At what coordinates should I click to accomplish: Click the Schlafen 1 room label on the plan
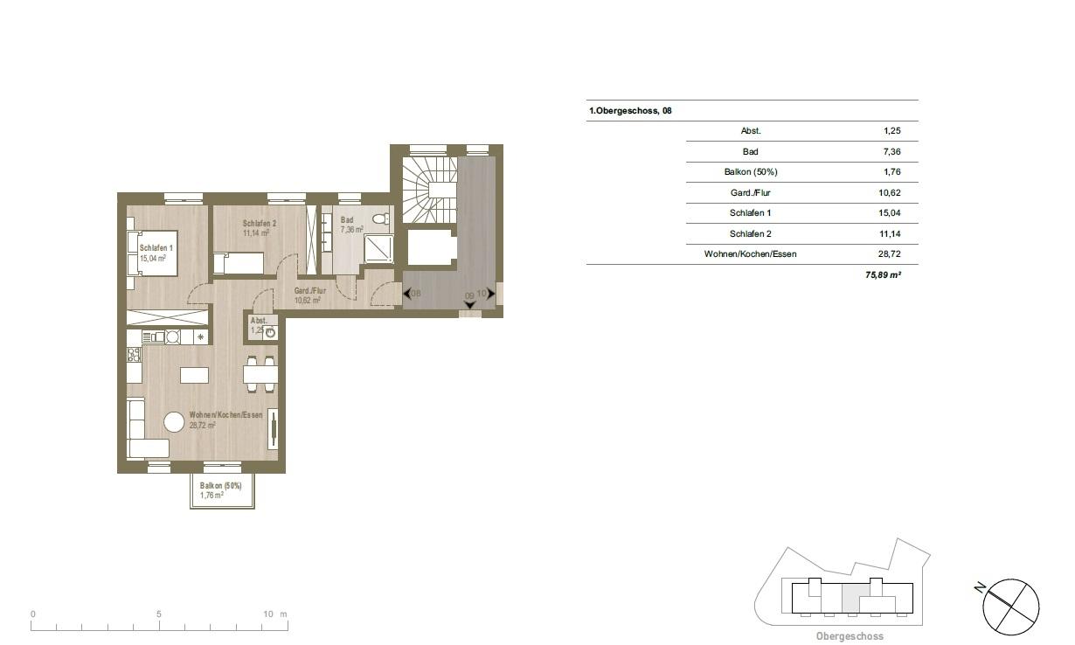pos(156,248)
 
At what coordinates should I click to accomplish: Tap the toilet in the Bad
pos(382,218)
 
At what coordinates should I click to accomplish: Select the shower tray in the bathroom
pos(378,248)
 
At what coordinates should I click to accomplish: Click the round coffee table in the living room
pos(174,422)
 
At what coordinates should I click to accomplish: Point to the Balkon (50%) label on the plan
pos(221,486)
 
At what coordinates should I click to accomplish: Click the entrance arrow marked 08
pos(407,293)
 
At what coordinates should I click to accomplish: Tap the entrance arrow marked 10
pos(490,294)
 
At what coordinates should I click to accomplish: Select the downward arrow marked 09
pos(470,305)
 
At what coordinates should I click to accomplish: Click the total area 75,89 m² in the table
pos(883,275)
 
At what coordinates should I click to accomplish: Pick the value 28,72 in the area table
pos(889,253)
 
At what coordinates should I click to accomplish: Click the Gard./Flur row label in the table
pos(751,193)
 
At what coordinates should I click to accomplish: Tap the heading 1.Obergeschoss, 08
pos(630,111)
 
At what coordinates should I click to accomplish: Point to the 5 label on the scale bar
pos(159,614)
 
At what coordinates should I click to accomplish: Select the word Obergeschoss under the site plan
pos(850,636)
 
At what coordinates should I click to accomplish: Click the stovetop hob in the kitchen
pos(134,355)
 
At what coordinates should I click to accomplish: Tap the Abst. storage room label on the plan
pos(259,321)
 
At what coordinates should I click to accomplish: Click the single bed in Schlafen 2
pos(239,263)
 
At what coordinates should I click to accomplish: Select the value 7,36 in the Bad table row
pos(892,152)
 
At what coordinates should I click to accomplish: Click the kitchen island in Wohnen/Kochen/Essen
pos(194,375)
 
